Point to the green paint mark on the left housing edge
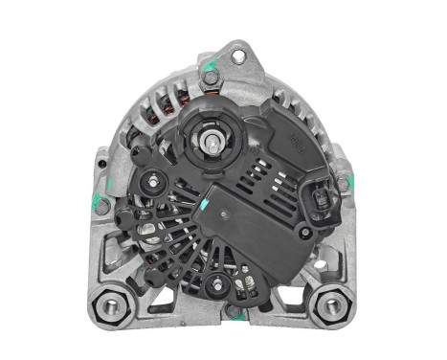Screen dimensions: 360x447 [x=96, y=201]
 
